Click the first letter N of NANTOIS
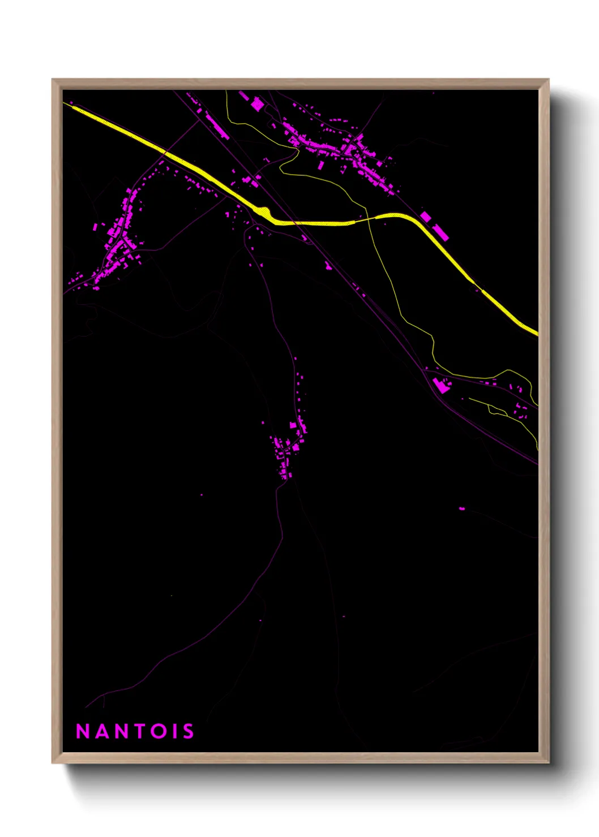83,731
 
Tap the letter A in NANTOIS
101,731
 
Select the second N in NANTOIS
120,731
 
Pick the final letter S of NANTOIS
188,731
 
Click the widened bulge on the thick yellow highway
264,213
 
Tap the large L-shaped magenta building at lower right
440,386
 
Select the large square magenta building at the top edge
258,104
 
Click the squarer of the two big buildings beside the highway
426,217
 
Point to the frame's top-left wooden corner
56,83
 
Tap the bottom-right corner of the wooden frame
545,759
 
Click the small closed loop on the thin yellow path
497,409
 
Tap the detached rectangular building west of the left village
95,227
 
